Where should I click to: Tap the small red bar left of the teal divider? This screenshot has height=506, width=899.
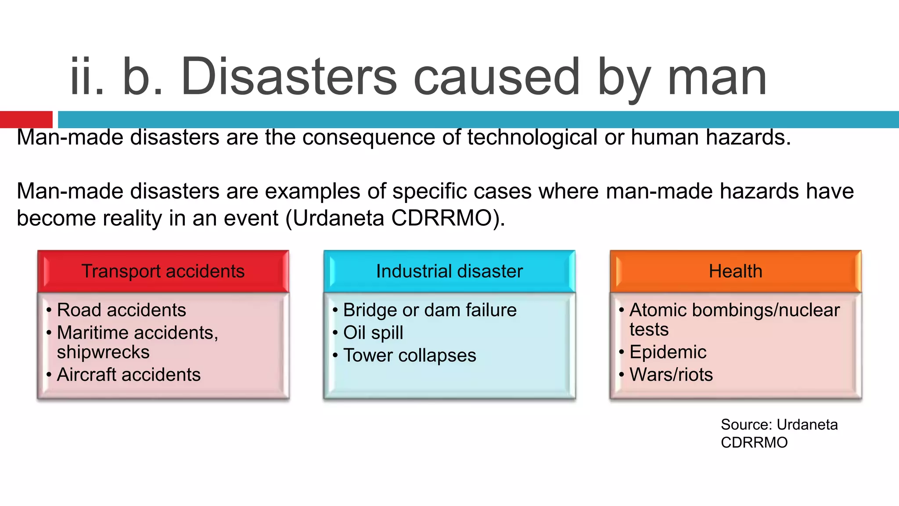26,119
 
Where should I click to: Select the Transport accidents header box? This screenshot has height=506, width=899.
163,271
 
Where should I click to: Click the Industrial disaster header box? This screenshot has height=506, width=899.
449,271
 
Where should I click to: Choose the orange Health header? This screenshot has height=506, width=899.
735,271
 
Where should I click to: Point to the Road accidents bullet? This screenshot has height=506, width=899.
121,310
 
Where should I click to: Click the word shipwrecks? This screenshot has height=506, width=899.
103,352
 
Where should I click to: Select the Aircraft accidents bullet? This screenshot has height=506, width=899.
129,375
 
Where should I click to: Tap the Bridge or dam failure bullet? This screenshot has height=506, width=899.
429,310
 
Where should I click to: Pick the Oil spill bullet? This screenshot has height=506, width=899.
373,333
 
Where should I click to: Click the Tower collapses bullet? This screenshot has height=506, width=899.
409,355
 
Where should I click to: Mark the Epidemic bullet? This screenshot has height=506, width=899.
667,352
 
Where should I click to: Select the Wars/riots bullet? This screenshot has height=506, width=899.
671,375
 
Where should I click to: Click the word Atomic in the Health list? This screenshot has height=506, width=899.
658,310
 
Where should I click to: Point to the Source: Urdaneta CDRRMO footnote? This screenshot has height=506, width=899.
779,433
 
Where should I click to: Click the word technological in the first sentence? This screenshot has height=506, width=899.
532,137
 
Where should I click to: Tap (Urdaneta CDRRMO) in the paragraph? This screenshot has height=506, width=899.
395,218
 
